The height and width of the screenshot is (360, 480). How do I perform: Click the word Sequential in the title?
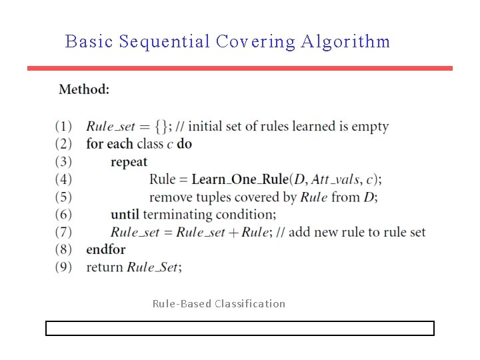164,42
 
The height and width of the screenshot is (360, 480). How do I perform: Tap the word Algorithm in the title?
345,42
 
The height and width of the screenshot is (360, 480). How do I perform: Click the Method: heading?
84,89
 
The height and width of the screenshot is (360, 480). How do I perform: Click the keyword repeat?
129,162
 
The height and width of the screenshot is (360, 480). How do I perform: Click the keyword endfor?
105,249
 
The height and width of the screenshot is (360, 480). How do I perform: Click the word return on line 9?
105,267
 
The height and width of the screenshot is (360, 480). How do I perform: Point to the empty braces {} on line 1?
161,127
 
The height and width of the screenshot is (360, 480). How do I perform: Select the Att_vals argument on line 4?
335,179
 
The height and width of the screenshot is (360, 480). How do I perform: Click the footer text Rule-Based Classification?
219,304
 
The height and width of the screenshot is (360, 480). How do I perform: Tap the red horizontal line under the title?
240,68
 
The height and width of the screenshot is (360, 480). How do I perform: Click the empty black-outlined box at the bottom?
240,328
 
